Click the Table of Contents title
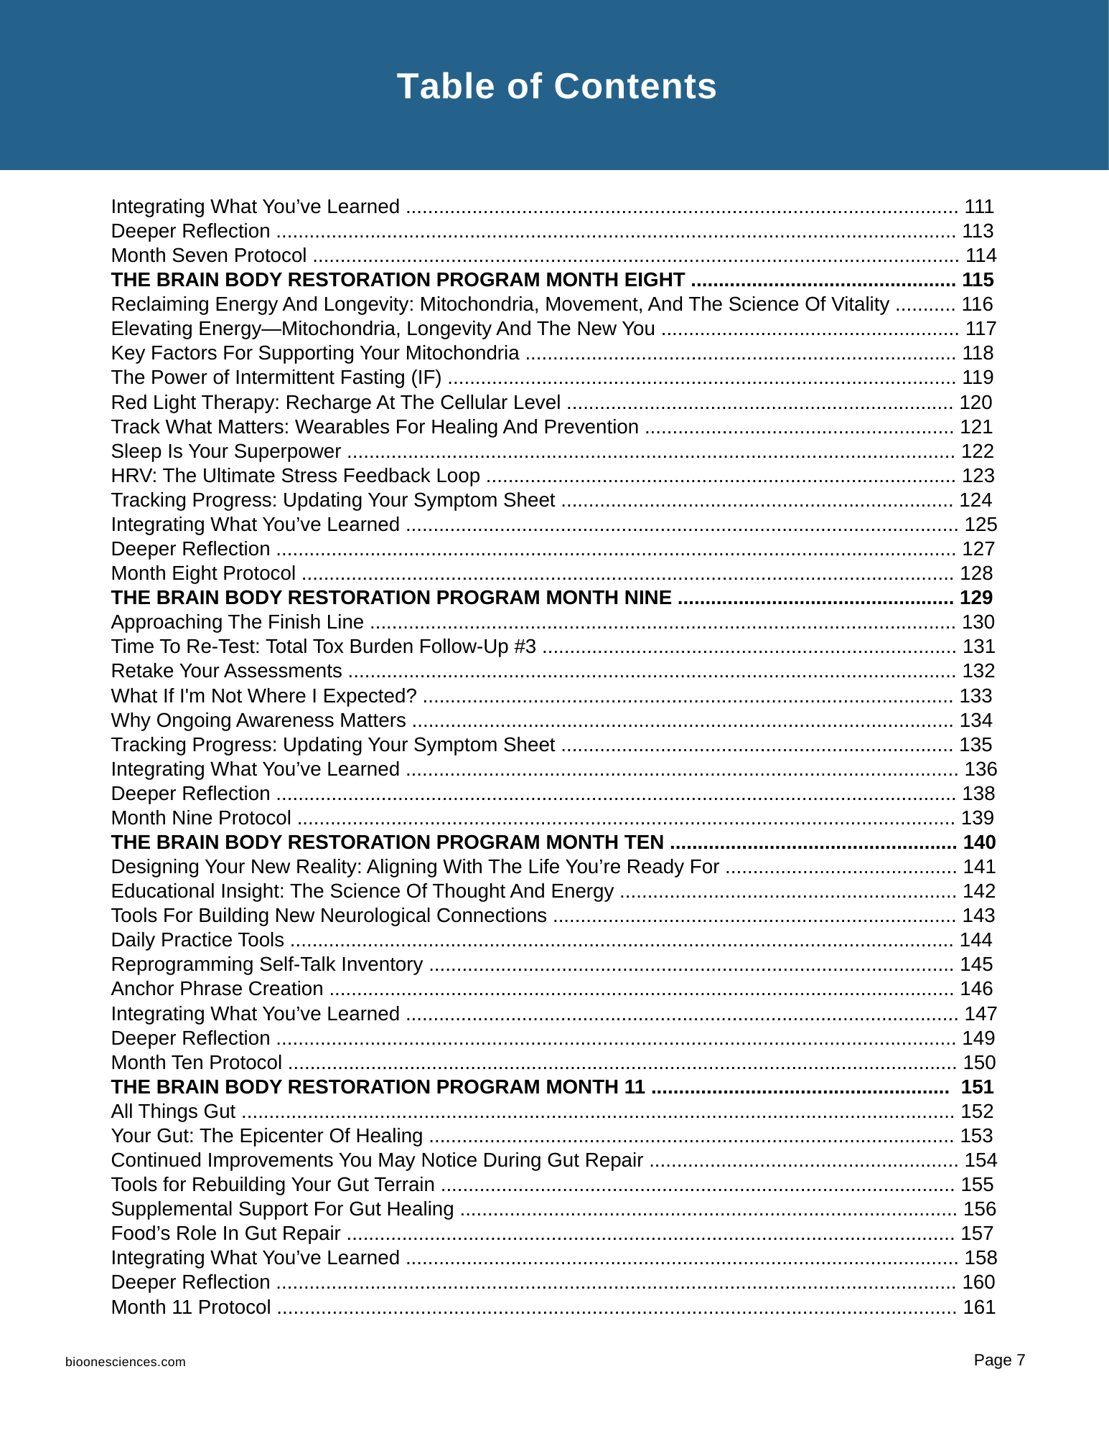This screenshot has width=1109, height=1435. [556, 87]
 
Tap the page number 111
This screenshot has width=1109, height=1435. [979, 207]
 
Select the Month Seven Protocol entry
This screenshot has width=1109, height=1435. [209, 255]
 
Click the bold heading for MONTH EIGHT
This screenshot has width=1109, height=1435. [398, 280]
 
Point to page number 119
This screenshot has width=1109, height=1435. [978, 377]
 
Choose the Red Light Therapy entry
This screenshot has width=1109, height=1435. [335, 403]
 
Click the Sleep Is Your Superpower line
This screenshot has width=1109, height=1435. [226, 451]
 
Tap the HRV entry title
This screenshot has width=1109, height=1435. [295, 476]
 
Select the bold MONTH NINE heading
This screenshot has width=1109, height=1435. [391, 598]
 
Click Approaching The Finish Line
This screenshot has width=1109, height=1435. [237, 622]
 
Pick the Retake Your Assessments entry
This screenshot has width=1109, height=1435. [226, 671]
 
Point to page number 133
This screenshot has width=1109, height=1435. [976, 696]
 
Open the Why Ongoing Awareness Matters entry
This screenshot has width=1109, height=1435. [258, 720]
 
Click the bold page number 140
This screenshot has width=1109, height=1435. [979, 842]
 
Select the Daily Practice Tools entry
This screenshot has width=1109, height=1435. [197, 940]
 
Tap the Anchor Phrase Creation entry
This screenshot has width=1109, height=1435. [217, 989]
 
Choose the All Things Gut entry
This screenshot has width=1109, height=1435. [173, 1111]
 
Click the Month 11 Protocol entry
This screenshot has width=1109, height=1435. [191, 1307]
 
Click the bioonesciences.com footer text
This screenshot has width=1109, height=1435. [126, 1362]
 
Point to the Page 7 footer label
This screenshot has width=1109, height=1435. [999, 1360]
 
